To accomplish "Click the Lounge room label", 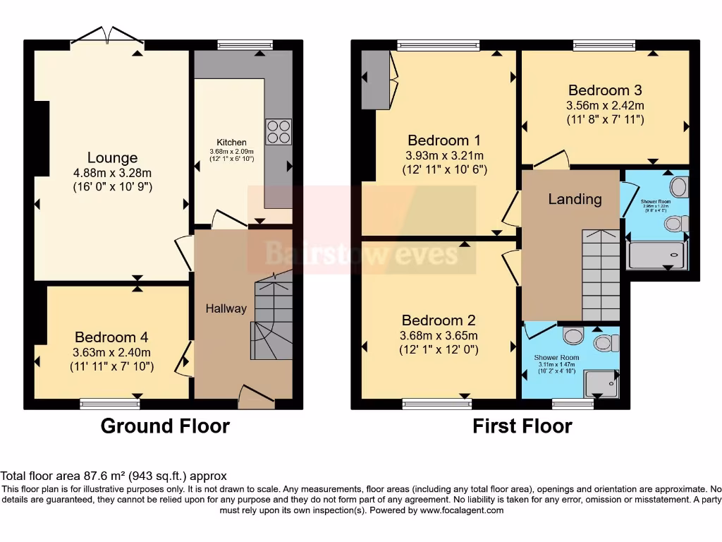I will [x=112, y=157].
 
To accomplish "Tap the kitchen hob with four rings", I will [x=278, y=132].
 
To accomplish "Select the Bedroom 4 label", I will [x=111, y=337].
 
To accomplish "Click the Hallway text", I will [x=226, y=308].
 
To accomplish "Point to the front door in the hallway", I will [x=256, y=397].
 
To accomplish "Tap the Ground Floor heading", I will [x=165, y=426].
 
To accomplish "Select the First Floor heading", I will [x=522, y=426].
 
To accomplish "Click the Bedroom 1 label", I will [x=444, y=140].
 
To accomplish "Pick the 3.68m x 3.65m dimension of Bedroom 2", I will [x=438, y=335].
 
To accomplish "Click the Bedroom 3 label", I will [x=605, y=90].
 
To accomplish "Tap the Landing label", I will [x=575, y=199].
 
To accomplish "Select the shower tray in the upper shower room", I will [x=656, y=255].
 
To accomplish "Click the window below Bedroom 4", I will [x=109, y=404].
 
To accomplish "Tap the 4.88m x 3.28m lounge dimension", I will [x=113, y=173].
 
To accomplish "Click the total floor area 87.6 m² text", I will [x=114, y=476].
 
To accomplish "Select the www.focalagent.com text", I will [x=463, y=510].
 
